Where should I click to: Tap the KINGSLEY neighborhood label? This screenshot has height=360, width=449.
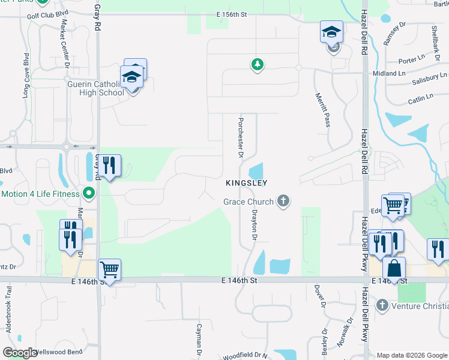(x=246, y=182)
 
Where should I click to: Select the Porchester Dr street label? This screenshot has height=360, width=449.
(x=240, y=137)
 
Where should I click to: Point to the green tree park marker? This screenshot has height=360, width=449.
(x=258, y=64)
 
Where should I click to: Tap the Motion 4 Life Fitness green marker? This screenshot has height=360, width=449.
(x=89, y=194)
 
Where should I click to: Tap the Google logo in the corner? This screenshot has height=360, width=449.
(x=20, y=353)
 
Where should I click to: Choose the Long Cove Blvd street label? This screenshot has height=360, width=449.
(x=26, y=76)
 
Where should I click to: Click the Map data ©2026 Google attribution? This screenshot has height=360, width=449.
(x=411, y=355)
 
